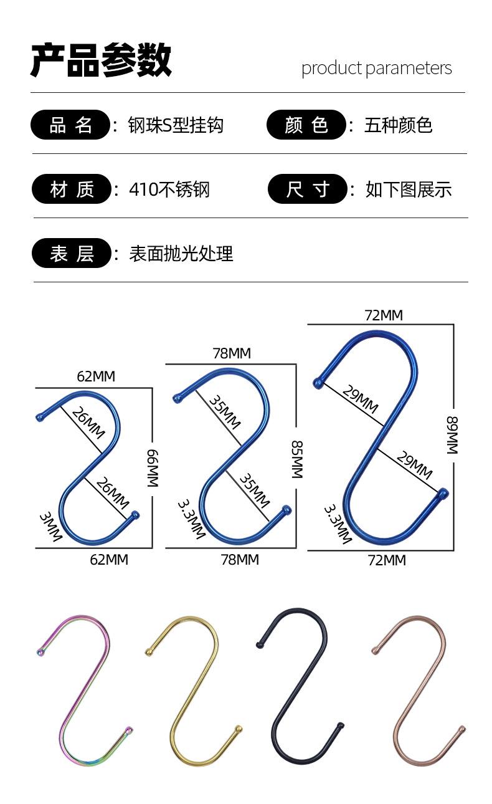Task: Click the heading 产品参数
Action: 102,61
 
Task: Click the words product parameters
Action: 376,68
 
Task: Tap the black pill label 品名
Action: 71,125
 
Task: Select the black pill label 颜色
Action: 306,125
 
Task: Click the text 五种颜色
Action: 399,125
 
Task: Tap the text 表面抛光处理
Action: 181,254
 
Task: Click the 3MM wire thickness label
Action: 50,525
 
